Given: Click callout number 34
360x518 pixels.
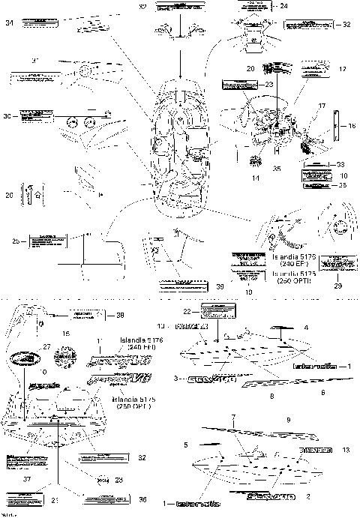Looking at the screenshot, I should click(10, 24).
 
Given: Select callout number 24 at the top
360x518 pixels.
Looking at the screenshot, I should click(283, 5).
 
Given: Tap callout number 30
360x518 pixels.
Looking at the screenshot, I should click(7, 116).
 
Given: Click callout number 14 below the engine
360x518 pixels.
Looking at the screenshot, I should click(256, 178).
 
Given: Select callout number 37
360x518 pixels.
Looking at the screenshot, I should click(28, 479).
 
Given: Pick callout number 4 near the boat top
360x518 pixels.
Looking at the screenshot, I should click(305, 328).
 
